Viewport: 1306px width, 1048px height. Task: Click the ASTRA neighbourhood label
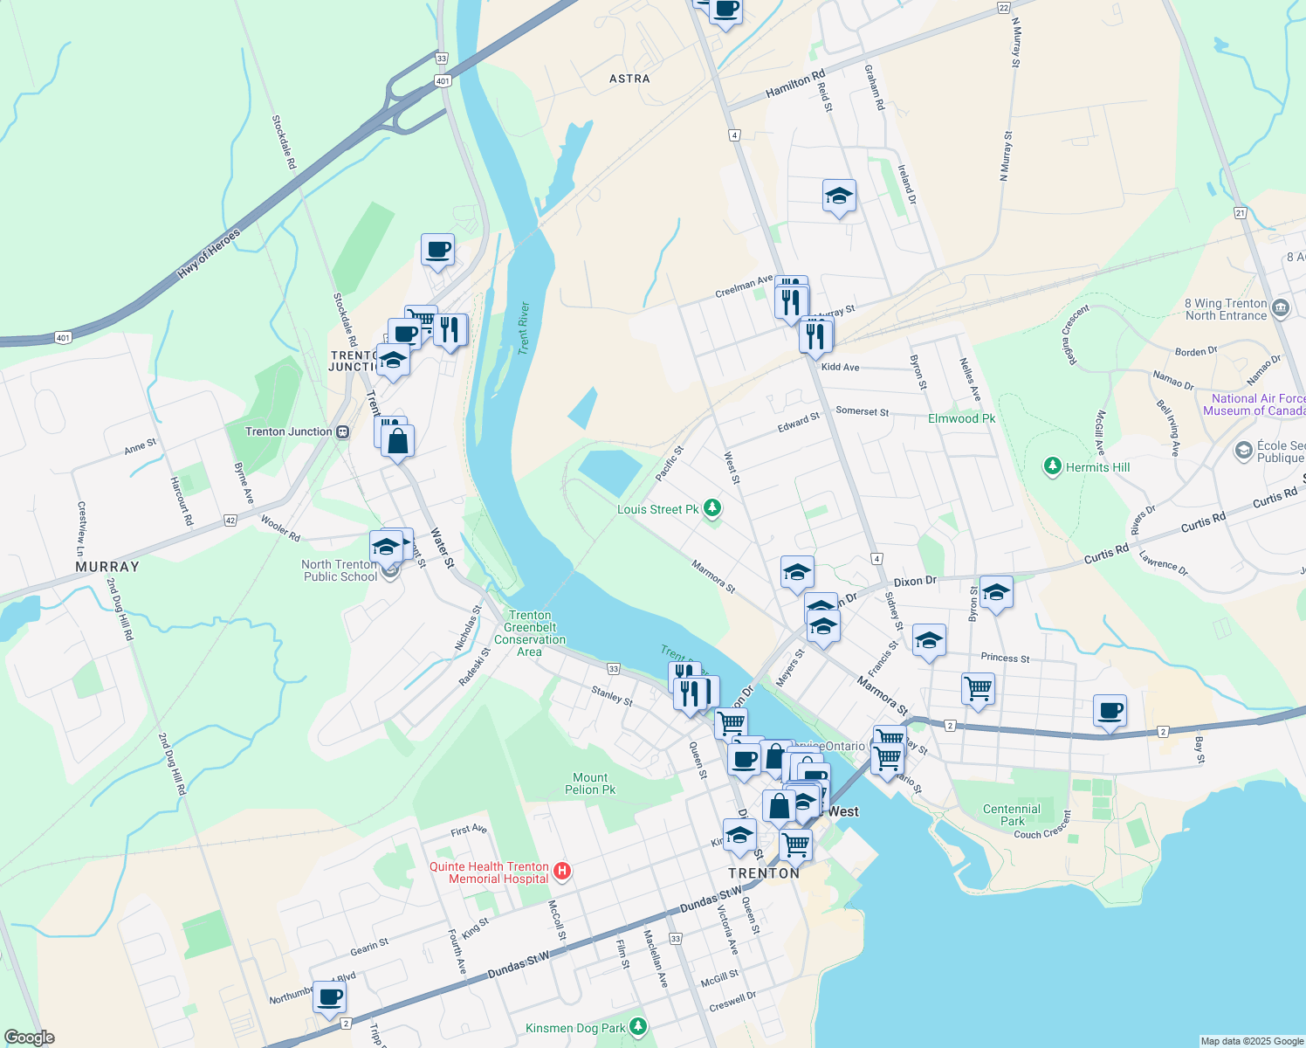[629, 79]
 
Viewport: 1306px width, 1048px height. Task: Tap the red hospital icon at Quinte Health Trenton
[562, 871]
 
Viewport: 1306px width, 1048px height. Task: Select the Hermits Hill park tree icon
[1053, 466]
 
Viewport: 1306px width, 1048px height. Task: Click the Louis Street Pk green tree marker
[712, 507]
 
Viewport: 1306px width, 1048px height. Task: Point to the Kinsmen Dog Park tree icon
[638, 1026]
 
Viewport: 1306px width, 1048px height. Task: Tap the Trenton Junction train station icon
[343, 431]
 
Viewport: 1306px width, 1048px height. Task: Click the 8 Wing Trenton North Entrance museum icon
[1281, 307]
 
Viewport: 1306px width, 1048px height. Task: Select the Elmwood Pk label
[961, 418]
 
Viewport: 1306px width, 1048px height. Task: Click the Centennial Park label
[1012, 815]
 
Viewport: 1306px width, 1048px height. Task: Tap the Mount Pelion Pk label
[590, 783]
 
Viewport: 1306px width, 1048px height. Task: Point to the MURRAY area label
[107, 567]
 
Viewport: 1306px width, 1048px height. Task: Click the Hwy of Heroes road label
[209, 254]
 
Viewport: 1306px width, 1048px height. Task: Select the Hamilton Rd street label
[795, 85]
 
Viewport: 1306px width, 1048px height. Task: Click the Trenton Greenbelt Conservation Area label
[530, 633]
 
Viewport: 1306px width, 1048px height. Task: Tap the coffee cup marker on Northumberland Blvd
[329, 996]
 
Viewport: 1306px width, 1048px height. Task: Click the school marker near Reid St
[839, 196]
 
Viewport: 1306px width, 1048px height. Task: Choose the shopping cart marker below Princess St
[978, 688]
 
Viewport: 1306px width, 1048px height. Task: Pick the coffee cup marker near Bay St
[1110, 711]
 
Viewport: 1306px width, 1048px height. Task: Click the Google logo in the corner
[29, 1038]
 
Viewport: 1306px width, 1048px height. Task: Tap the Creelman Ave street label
[744, 286]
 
